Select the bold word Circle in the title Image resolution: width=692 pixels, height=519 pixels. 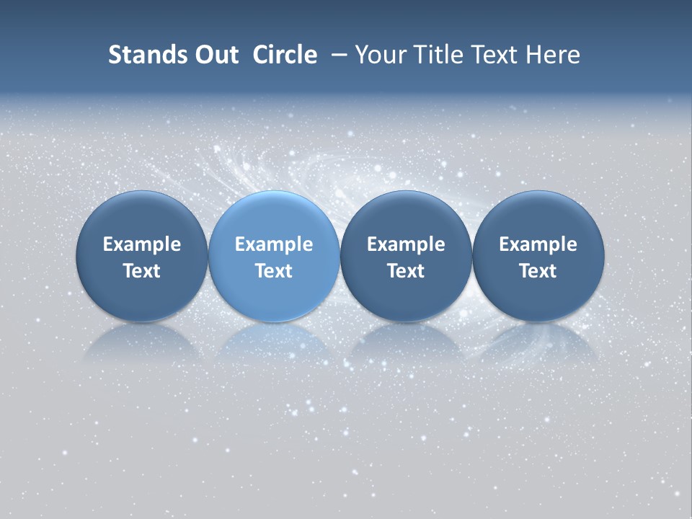pyautogui.click(x=285, y=55)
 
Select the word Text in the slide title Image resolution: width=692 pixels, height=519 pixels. pyautogui.click(x=496, y=55)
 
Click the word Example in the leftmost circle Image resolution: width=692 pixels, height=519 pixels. pyautogui.click(x=142, y=244)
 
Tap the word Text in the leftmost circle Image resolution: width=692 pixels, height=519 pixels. pyautogui.click(x=142, y=271)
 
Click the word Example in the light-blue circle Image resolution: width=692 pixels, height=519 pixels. pyautogui.click(x=274, y=244)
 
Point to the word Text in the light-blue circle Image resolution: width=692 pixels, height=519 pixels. pyautogui.click(x=274, y=271)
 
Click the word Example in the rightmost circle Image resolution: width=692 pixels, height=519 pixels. pyautogui.click(x=538, y=244)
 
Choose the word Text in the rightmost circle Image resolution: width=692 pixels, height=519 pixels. pyautogui.click(x=538, y=271)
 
